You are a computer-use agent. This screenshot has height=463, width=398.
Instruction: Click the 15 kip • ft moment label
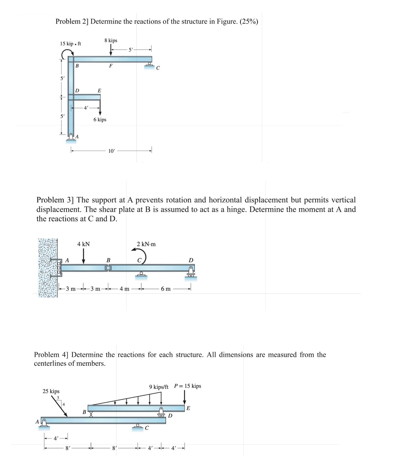pos(70,44)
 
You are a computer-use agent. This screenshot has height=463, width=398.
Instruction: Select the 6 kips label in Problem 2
pos(100,120)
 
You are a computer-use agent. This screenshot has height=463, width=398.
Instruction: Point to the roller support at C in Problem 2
pos(150,65)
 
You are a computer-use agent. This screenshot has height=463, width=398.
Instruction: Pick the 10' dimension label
pos(111,151)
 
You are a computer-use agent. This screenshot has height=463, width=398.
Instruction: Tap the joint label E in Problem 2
pos(99,91)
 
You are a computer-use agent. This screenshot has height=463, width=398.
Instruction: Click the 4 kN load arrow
pos(84,256)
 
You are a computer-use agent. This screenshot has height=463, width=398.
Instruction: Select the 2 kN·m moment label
pos(146,244)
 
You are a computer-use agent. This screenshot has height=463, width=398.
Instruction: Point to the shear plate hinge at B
pos(108,268)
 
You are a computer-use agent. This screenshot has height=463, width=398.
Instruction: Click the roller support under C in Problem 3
pos(141,274)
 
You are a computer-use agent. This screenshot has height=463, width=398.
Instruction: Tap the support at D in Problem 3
pos(190,272)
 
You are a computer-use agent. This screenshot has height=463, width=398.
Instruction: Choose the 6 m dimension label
pos(165,289)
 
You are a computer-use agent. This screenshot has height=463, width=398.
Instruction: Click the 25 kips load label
pos(51,391)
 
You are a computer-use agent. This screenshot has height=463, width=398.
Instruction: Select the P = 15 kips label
pos(187,386)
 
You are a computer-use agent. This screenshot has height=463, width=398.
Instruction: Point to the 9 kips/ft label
pos(159,387)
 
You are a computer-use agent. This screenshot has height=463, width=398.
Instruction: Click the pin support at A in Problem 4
pos(44,423)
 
